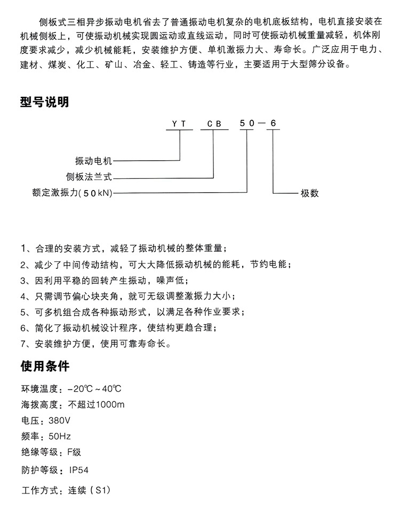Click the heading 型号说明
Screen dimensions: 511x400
click(x=44, y=102)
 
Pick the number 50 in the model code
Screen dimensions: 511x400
click(x=247, y=123)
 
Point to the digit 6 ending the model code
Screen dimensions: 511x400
click(x=273, y=123)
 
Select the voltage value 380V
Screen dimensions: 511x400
click(x=59, y=420)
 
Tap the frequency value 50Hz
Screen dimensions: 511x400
click(x=59, y=436)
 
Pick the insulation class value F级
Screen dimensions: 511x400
click(x=74, y=452)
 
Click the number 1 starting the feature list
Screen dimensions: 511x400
click(x=23, y=249)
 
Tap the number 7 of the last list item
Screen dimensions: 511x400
click(x=23, y=344)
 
